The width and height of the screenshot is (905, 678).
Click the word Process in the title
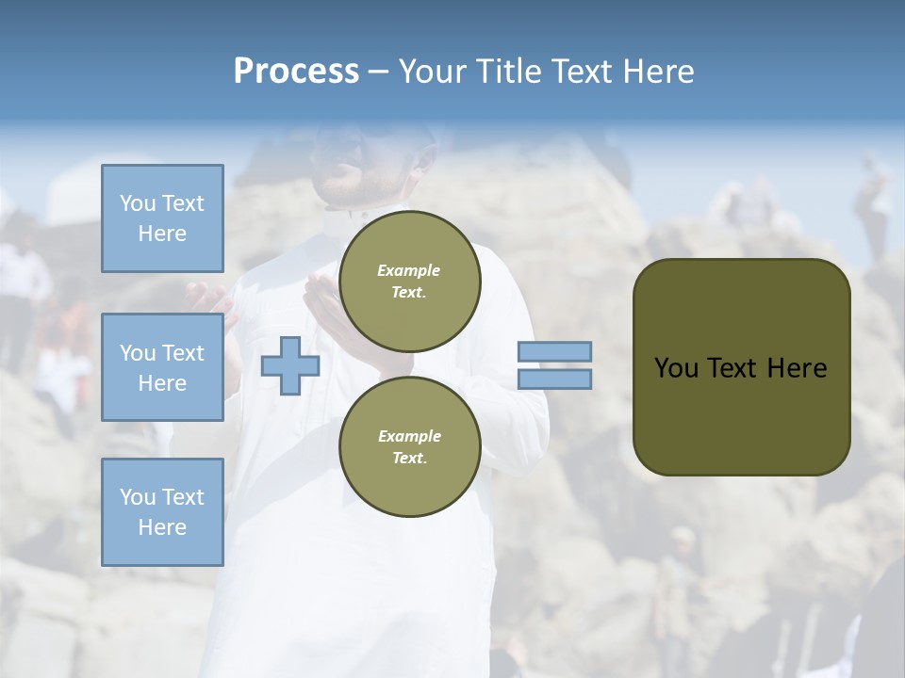click(x=296, y=72)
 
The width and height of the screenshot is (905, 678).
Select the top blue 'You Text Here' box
click(x=162, y=218)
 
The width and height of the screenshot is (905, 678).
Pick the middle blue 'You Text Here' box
click(x=162, y=367)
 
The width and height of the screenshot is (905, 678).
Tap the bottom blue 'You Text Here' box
click(x=162, y=512)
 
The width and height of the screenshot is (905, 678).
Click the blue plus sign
click(x=290, y=366)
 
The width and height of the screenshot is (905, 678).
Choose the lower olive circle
click(x=410, y=446)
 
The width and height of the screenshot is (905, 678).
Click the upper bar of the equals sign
click(x=554, y=352)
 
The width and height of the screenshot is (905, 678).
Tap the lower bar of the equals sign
click(x=554, y=379)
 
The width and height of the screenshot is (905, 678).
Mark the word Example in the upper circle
click(x=409, y=270)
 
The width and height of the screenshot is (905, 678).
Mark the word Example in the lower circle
click(x=409, y=436)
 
